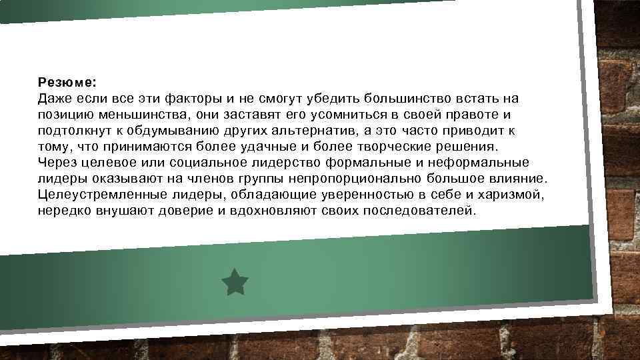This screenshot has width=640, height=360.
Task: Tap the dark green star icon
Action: (x=235, y=282)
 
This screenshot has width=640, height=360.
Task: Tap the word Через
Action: (x=57, y=163)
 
